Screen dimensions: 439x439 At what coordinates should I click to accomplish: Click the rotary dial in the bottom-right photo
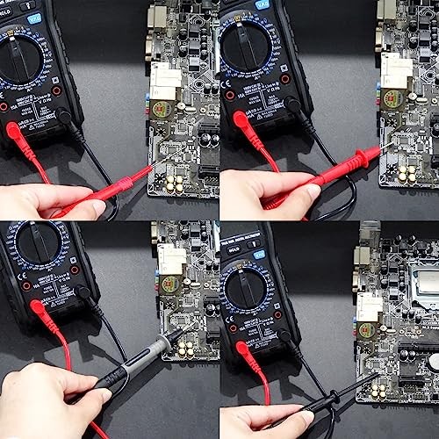[x=255, y=295]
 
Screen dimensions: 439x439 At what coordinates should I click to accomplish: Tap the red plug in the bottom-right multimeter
[x=244, y=351]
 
